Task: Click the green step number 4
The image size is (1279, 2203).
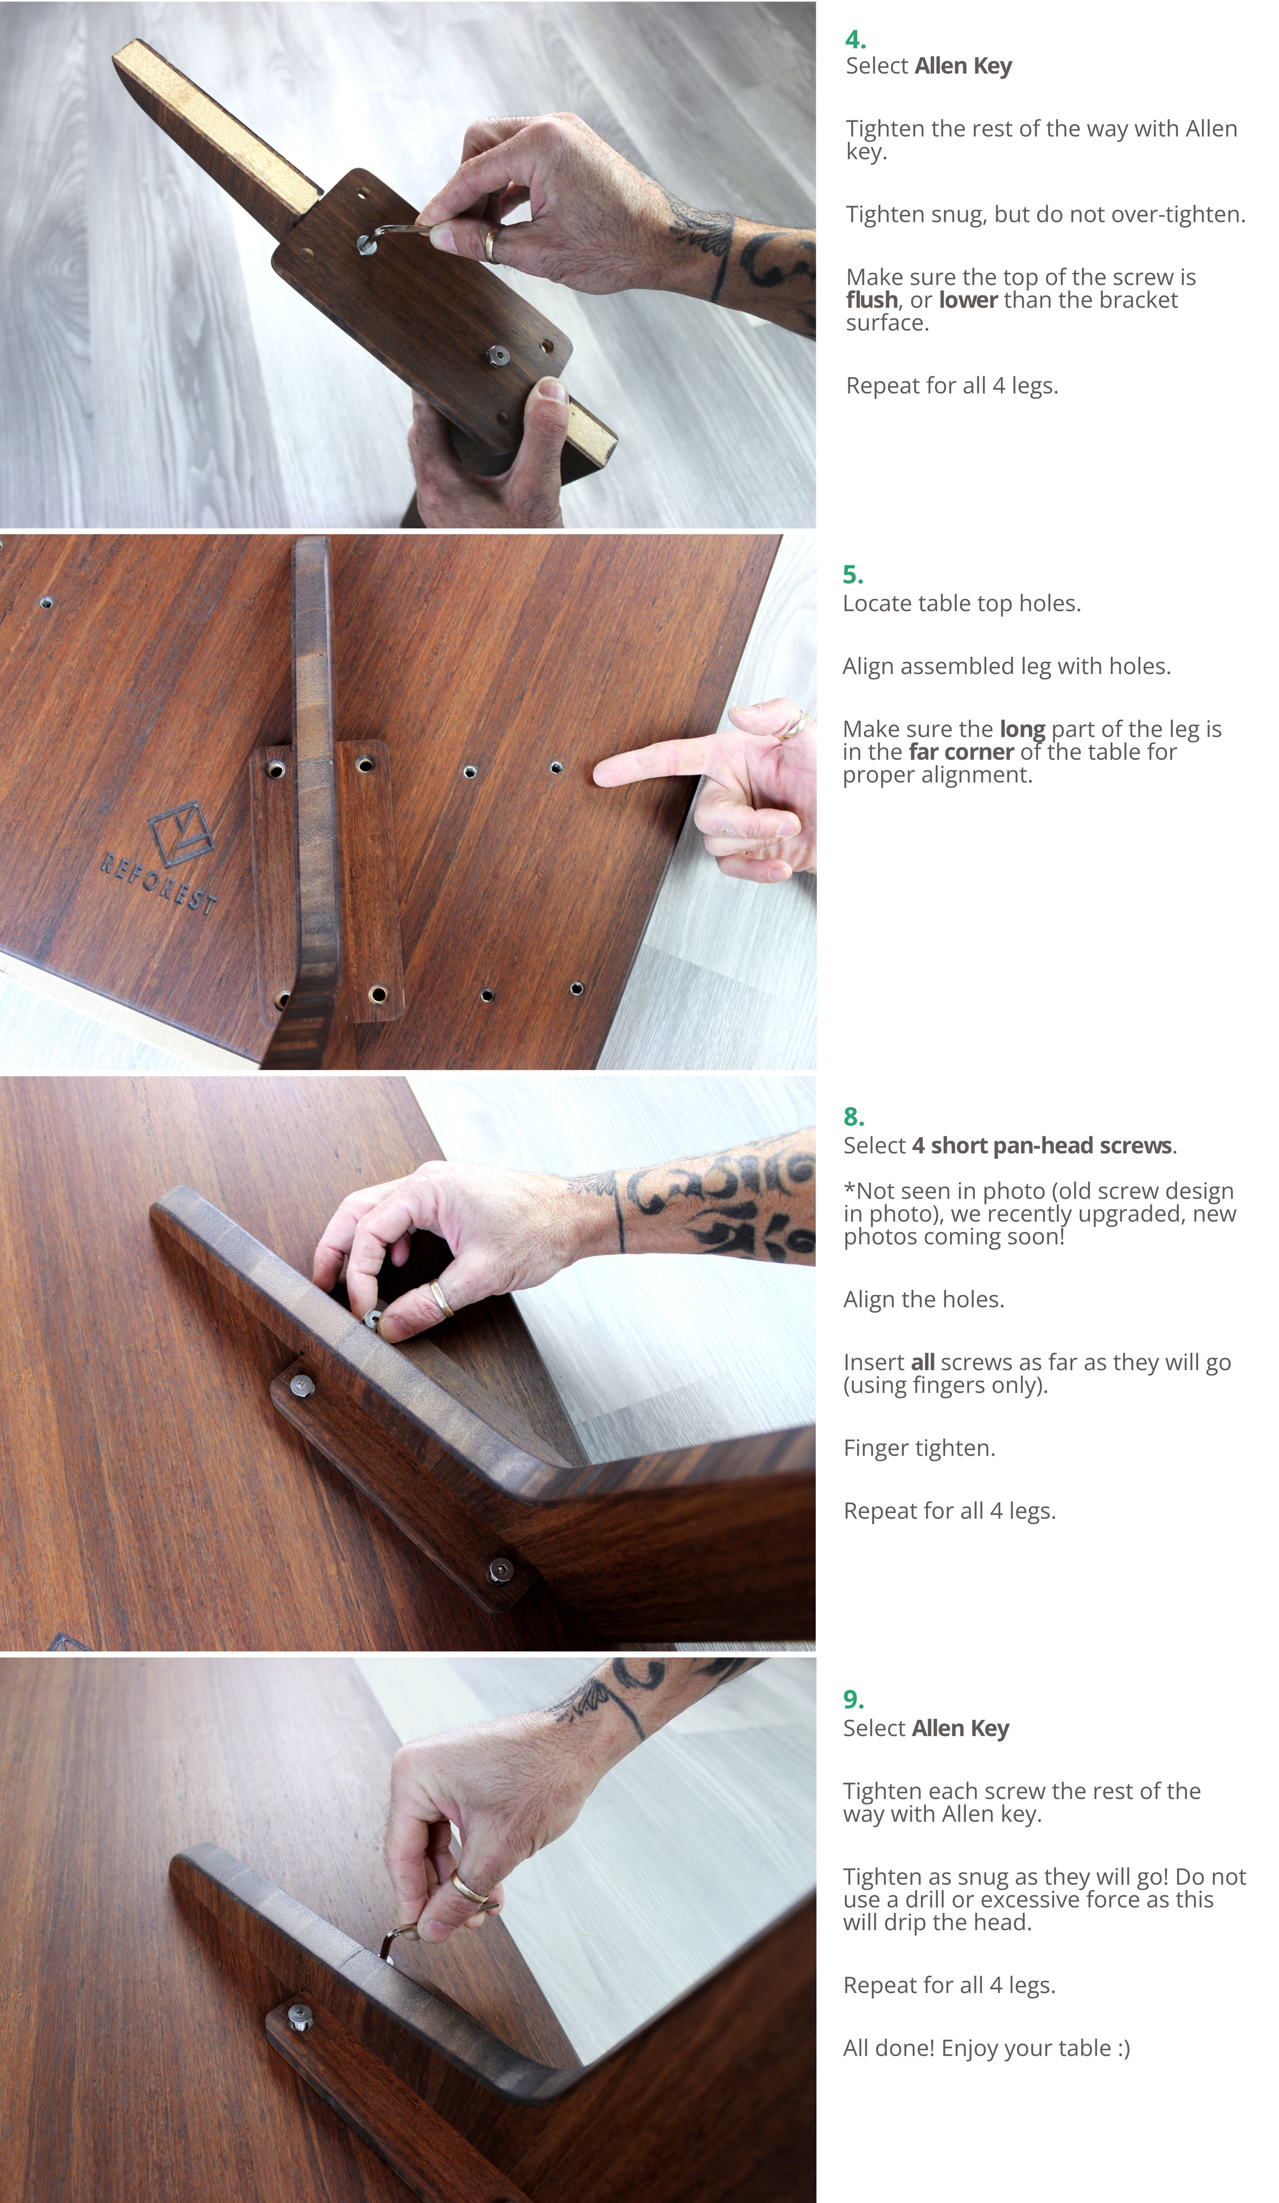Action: [855, 39]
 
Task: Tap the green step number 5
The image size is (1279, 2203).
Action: [853, 575]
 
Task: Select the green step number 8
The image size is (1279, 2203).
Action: [853, 1117]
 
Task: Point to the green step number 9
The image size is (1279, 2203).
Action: [853, 1699]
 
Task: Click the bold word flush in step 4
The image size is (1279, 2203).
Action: [872, 300]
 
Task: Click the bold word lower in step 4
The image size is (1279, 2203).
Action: [968, 300]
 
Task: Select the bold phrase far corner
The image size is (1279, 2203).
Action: [961, 752]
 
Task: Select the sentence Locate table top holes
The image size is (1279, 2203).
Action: [961, 603]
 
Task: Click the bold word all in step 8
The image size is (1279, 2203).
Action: [922, 1362]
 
